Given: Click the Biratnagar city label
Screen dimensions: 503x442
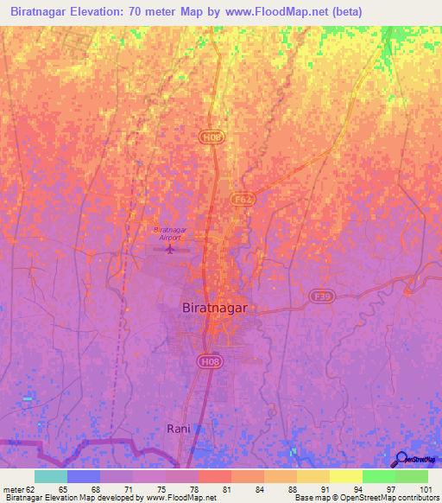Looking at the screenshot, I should tap(215, 307).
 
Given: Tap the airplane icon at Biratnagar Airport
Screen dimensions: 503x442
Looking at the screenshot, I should tap(169, 251).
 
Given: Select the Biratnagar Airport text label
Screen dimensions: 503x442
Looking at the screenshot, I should tap(169, 233).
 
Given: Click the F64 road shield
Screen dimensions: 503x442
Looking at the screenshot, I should tap(243, 199).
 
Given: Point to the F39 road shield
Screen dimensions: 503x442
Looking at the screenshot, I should tap(322, 296).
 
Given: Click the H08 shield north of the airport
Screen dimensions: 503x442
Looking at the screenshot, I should tap(211, 137).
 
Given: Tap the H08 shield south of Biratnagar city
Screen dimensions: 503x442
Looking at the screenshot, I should tap(210, 361).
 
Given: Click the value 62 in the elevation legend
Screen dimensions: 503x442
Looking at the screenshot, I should tap(30, 488).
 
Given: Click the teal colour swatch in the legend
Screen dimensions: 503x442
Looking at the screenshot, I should tap(51, 476).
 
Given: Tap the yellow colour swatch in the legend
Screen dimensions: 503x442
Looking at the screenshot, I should tap(345, 476).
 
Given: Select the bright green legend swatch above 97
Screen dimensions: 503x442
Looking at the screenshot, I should tap(378, 476).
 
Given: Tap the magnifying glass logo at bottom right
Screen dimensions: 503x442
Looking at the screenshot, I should tap(401, 459).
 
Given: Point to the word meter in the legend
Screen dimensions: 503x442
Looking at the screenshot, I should tap(13, 488).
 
